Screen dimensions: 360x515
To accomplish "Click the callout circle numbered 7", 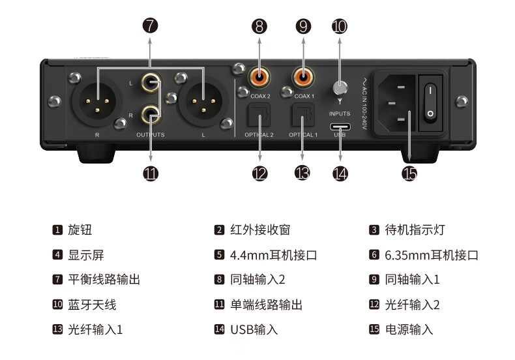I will (151, 26).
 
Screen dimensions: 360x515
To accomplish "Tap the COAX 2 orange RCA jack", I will (260, 78).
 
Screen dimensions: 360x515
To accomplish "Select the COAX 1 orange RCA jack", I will (304, 78).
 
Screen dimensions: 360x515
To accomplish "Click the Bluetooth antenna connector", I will (340, 88).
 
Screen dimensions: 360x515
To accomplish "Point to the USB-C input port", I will (340, 127).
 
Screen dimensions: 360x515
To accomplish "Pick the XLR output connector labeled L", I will (203, 100).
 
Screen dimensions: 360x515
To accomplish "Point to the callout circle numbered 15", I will (409, 173).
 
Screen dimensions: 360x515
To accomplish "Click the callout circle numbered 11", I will (151, 173).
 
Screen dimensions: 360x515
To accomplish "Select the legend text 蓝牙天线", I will (92, 305).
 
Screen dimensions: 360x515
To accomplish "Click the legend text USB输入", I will (254, 329).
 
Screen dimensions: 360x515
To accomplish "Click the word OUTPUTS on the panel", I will (150, 135).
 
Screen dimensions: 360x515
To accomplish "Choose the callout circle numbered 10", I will (340, 26).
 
